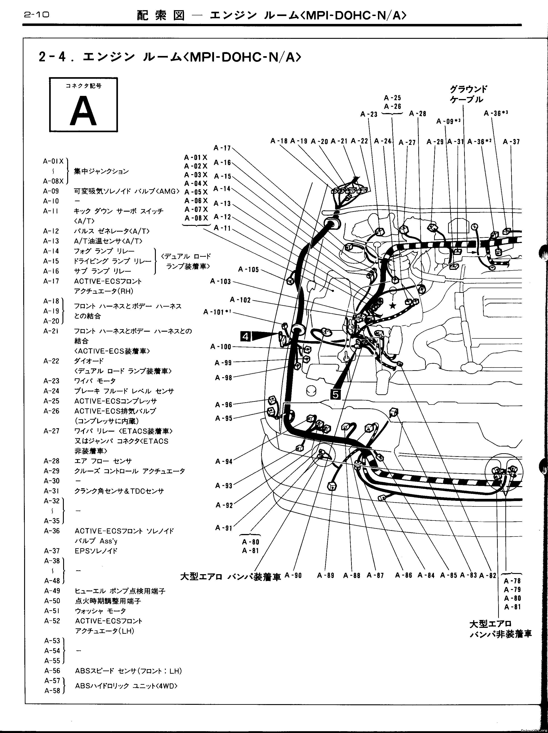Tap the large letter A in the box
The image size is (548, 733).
83,111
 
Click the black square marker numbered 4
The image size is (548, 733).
246,336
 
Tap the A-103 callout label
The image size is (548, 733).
220,281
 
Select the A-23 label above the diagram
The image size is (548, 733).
369,114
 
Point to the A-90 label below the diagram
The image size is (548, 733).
293,576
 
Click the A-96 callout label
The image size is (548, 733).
224,405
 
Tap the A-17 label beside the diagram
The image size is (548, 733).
222,148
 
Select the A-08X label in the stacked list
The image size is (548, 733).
196,218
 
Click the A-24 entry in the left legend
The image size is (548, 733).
51,391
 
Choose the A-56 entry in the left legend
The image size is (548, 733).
52,671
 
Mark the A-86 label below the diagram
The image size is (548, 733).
403,576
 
